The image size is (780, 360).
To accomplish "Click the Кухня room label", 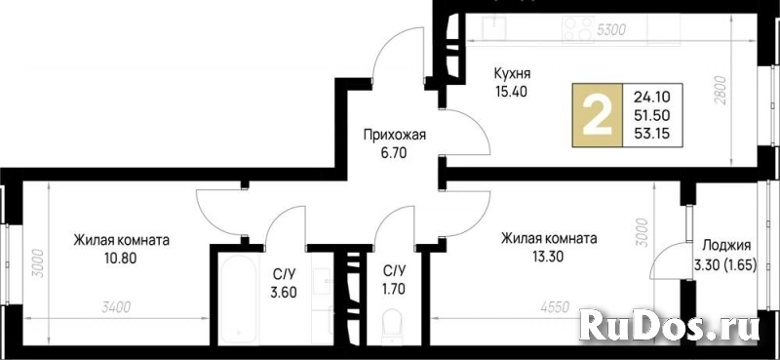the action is click(512, 74).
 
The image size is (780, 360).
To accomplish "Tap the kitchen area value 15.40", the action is click(511, 92).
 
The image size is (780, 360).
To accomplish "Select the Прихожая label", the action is click(395, 136).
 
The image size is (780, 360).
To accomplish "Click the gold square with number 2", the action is click(598, 115).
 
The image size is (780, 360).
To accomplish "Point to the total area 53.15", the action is click(651, 133).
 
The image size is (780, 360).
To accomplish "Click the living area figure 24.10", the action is click(651, 98).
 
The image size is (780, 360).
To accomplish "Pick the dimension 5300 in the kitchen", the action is click(611, 31).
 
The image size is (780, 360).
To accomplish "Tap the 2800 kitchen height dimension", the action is click(722, 91).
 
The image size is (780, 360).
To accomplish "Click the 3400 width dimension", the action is click(116, 308).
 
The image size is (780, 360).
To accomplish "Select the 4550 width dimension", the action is click(554, 308).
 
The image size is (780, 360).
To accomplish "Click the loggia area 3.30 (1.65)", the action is click(725, 266).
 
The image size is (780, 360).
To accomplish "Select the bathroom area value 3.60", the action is click(285, 292).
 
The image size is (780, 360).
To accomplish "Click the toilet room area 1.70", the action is click(394, 288).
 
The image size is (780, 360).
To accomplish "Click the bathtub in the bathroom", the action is click(237, 299).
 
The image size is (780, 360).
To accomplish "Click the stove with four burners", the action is click(578, 28).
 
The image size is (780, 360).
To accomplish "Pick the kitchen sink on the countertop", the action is click(495, 26).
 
